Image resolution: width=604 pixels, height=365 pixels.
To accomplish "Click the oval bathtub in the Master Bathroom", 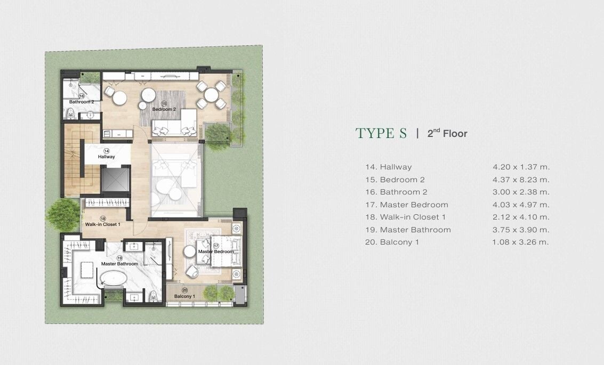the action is coord(112,278).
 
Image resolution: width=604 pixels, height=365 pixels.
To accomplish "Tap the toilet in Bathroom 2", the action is coord(70,113).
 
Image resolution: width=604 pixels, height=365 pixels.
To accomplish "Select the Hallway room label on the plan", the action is coord(106,157).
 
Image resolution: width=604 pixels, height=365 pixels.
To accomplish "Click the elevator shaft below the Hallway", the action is coord(115,179).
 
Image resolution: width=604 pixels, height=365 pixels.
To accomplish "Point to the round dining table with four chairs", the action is coord(211,95).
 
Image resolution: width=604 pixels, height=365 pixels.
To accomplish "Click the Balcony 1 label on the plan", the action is coord(184,296).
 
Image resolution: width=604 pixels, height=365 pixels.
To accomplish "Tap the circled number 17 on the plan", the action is coord(216,246).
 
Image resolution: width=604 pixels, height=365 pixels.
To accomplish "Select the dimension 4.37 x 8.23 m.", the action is coord(521,180).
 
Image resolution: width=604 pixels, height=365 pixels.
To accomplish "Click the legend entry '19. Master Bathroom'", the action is coord(408,230).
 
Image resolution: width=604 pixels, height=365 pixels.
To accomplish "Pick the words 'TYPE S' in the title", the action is coord(381,133).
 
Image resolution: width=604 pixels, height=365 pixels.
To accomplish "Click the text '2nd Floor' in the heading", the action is coord(447,133).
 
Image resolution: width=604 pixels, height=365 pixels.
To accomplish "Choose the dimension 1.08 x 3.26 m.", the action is coord(520,242).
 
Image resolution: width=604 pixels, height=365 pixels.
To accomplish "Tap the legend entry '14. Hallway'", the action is coord(388,167).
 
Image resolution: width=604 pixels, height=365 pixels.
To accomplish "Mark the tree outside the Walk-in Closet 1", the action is coord(63,214).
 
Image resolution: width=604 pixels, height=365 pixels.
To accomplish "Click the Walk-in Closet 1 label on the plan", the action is coord(103,224).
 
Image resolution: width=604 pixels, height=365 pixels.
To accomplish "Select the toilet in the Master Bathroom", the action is coord(154,296).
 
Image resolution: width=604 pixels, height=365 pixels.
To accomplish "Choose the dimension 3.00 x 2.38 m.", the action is coord(521,192).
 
